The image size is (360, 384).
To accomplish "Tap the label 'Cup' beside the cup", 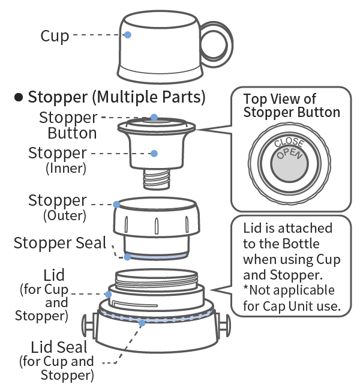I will point(55,36).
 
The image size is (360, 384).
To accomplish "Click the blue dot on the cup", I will point(128,35).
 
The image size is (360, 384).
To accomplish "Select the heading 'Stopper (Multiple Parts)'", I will point(116,97).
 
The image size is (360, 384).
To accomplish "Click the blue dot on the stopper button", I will point(154,117).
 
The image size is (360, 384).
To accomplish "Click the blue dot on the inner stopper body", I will point(154,154).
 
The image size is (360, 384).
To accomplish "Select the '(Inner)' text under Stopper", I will point(66,169).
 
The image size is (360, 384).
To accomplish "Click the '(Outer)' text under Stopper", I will point(66,215).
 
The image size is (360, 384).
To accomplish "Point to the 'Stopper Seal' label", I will point(59,243).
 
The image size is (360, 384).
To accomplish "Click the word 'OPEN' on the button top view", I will point(289,155).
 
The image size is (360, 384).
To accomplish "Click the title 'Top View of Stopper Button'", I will point(291,106).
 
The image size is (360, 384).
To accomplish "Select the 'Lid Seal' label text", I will point(59,347).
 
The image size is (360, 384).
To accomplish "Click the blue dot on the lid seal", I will point(142,322).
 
